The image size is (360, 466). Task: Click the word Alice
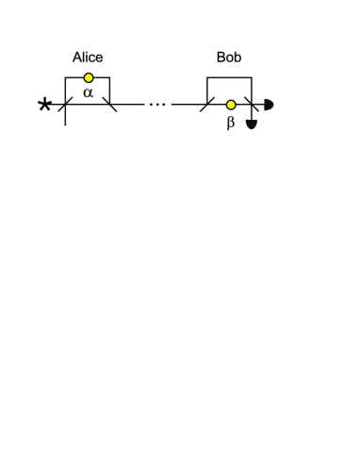coord(88,58)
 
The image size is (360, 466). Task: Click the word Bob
coord(229,58)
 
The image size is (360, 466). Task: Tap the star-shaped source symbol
coord(44,105)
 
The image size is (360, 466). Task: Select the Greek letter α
coord(88,92)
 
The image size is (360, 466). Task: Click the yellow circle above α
coord(89,77)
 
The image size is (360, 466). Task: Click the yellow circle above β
coord(231,105)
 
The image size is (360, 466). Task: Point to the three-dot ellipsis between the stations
coord(157,104)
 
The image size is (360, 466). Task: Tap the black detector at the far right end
coord(269,105)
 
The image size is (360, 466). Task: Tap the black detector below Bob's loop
coord(252,125)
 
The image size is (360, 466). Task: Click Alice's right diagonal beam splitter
coord(110,105)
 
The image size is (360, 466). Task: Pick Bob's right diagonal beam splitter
coord(252,105)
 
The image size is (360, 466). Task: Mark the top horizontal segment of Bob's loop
coord(229,77)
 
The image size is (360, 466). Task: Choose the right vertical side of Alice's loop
coord(110,90)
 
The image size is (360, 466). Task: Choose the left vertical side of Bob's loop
coord(207,90)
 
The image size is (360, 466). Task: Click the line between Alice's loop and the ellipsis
coord(130,105)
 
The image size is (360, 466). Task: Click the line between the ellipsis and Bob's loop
coord(187,105)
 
